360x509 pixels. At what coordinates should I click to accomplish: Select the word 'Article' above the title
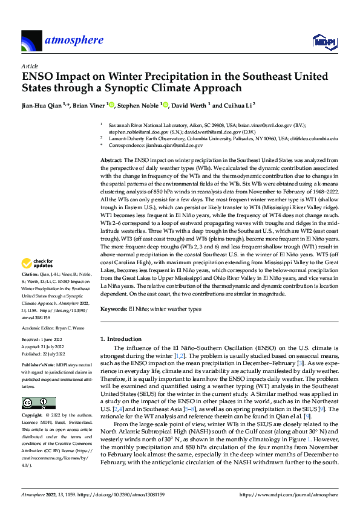[29, 66]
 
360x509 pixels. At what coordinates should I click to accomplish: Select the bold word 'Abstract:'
[111, 160]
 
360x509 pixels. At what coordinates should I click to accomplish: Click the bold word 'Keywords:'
[113, 309]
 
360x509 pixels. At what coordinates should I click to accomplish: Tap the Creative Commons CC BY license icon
[39, 403]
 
